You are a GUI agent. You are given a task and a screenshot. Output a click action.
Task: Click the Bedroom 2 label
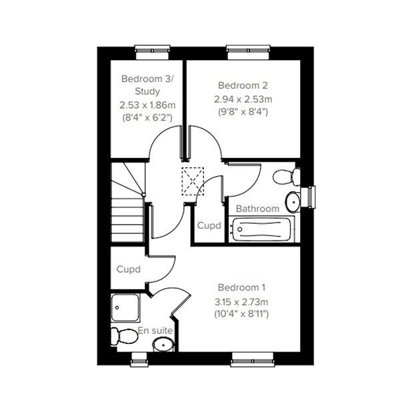(x=243, y=85)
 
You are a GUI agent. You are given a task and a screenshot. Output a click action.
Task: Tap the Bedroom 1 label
(x=241, y=287)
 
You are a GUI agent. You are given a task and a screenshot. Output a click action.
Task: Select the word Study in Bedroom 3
(x=147, y=91)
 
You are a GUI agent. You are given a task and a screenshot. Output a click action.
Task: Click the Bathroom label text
(x=257, y=209)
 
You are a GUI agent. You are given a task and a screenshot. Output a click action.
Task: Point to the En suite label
(x=155, y=331)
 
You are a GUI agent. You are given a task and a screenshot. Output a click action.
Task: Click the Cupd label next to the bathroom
(x=209, y=226)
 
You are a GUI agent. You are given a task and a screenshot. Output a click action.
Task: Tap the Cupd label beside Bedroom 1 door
(x=128, y=269)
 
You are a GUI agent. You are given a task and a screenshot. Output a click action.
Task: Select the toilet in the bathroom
(x=287, y=176)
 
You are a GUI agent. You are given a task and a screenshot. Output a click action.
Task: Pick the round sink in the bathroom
(x=293, y=202)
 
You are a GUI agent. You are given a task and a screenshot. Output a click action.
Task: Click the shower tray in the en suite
(x=125, y=308)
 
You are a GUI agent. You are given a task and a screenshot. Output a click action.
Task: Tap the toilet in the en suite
(x=124, y=337)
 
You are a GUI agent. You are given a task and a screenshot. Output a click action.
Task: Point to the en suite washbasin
(x=163, y=345)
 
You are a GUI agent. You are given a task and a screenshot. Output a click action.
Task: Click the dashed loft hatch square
(x=193, y=181)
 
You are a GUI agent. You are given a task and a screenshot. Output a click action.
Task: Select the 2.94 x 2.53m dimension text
(x=243, y=99)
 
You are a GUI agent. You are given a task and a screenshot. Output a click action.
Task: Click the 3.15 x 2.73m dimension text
(x=241, y=302)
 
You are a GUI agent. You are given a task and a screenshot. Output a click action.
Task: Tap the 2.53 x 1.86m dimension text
(x=147, y=105)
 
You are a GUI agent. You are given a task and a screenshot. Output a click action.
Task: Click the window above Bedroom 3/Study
(x=152, y=52)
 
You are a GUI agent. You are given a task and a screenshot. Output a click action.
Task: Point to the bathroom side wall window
(x=309, y=196)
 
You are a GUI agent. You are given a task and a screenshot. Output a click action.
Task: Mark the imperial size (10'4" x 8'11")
(x=241, y=314)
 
